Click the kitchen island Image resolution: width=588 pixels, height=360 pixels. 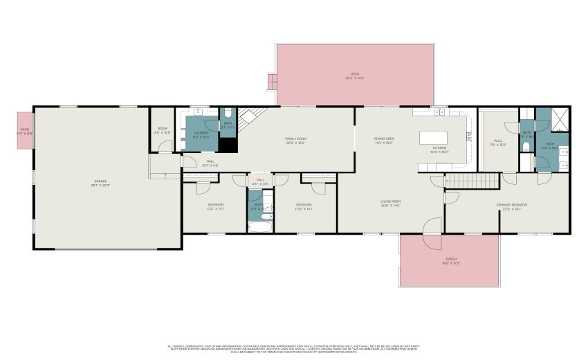tap(434, 137)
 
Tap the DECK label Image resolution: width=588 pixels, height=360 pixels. tap(355, 74)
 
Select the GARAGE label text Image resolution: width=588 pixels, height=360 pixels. tap(101, 181)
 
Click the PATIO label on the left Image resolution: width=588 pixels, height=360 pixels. tap(25, 129)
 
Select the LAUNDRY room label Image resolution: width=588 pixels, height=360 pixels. tap(201, 133)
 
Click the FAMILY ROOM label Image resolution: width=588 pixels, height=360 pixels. tap(295, 138)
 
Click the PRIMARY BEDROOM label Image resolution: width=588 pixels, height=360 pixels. tap(512, 205)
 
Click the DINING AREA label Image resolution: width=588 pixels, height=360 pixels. tap(383, 138)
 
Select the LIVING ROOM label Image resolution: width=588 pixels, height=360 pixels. tap(391, 201)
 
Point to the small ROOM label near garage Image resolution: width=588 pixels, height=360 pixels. tap(163, 129)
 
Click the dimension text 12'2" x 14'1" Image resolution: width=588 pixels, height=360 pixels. tap(216, 208)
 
